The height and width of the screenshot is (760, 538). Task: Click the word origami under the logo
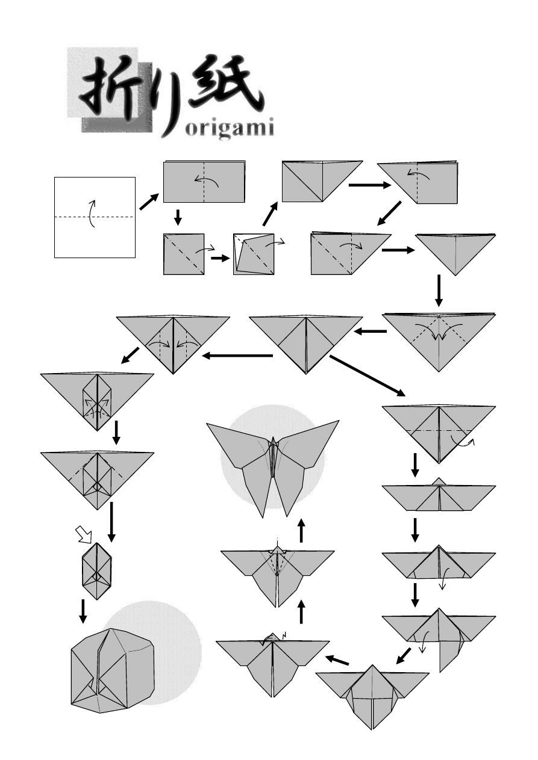[x=230, y=129]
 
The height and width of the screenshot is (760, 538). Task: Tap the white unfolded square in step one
[x=95, y=217]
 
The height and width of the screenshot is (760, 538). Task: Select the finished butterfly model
[x=273, y=469]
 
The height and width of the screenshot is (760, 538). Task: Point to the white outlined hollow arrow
[x=84, y=534]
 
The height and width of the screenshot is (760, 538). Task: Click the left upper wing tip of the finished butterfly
[x=207, y=424]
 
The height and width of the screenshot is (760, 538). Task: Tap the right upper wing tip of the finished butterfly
[x=339, y=421]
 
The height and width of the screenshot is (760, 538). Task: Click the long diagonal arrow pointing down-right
[x=367, y=375]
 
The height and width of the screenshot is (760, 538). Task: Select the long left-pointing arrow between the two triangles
[x=237, y=356]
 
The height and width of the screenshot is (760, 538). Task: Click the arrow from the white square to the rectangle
[x=149, y=202]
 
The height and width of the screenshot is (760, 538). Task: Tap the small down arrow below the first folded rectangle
[x=177, y=217]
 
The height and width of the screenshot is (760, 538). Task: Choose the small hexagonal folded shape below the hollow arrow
[x=97, y=571]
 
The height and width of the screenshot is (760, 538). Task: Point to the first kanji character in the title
[x=107, y=87]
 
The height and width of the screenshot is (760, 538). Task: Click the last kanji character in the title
[x=225, y=85]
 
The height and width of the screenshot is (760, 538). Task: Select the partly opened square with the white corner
[x=254, y=254]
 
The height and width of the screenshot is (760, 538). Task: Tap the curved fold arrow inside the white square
[x=92, y=213]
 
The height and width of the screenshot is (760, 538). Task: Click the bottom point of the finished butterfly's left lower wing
[x=263, y=517]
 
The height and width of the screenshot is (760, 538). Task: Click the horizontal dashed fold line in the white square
[x=95, y=217]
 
